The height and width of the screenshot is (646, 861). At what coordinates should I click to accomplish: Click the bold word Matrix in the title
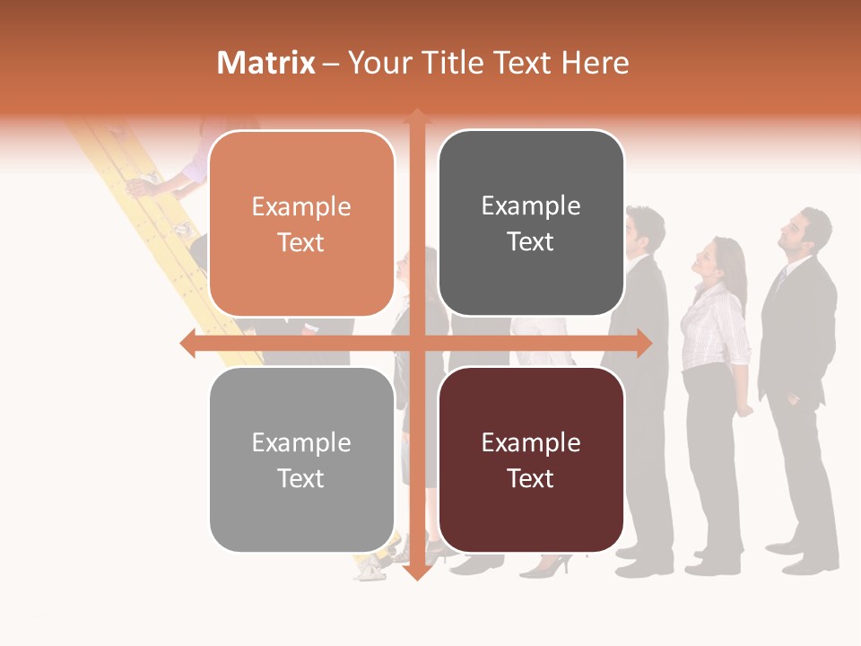266,63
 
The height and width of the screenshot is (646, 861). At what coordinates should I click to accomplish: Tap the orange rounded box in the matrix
301,224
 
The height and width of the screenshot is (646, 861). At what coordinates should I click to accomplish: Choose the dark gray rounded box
531,223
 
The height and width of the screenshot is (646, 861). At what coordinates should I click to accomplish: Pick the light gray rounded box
301,459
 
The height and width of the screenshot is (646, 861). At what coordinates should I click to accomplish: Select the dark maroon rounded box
531,459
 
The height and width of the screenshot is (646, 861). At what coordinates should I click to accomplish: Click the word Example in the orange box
301,207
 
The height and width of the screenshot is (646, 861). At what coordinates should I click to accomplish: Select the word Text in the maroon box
531,478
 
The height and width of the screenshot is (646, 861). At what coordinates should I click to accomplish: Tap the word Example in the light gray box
301,442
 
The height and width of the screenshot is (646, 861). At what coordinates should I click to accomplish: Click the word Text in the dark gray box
531,242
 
